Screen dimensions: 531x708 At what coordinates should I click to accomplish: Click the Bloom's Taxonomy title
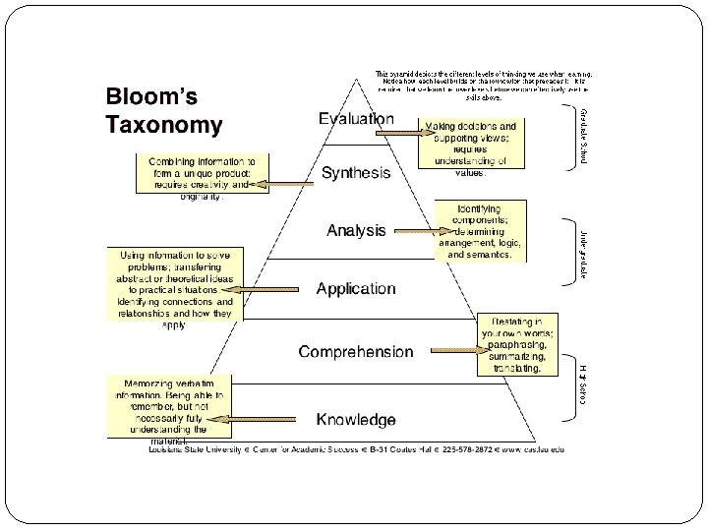click(164, 112)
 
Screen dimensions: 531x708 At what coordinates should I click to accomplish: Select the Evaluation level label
click(356, 119)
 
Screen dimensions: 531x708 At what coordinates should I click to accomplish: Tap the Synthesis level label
click(356, 173)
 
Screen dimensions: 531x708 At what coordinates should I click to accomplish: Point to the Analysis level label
click(356, 231)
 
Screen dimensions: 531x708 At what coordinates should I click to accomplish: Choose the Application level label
click(356, 289)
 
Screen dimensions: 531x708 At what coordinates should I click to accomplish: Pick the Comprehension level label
click(356, 351)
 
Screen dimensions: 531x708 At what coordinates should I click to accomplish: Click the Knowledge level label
click(356, 420)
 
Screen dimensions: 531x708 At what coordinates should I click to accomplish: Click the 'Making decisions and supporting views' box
click(470, 144)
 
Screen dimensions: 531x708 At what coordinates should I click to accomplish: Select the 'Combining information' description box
click(201, 178)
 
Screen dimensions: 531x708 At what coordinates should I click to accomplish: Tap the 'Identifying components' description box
click(480, 231)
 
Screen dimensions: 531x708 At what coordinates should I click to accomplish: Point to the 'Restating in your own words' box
click(517, 345)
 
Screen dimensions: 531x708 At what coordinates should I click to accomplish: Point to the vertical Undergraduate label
click(582, 253)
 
